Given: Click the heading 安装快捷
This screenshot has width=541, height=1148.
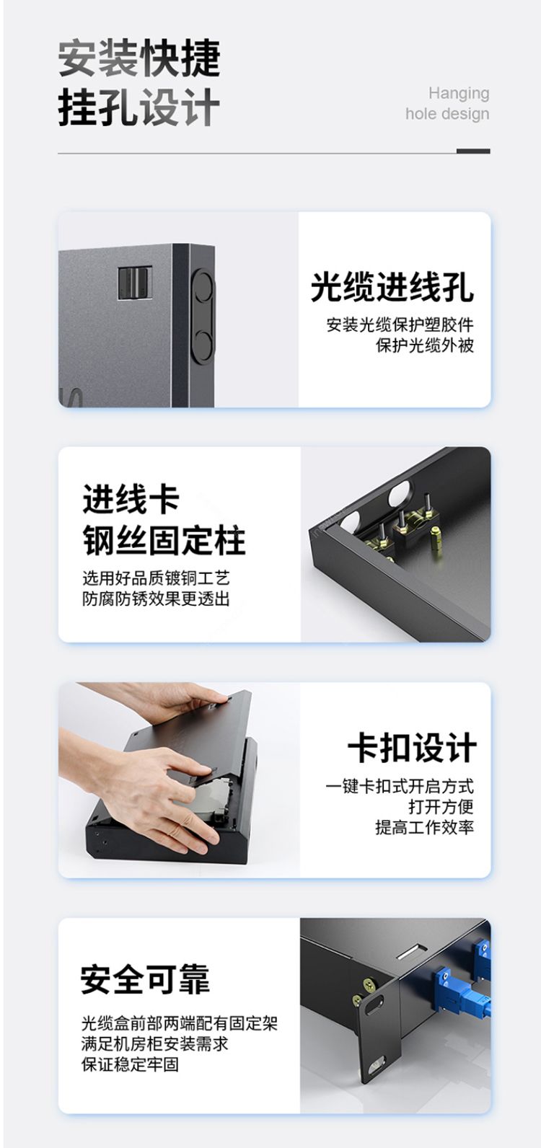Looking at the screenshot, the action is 139,58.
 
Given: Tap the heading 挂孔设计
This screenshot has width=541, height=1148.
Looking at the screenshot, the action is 139,107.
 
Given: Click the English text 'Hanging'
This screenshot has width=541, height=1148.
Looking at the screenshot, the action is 459,94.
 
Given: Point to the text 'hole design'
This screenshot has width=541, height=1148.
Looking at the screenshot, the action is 448,114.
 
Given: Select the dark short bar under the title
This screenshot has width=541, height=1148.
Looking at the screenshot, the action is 473,151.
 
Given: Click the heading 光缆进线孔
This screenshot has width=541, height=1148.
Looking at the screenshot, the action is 392,287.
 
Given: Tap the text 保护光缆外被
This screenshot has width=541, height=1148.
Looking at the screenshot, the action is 425,345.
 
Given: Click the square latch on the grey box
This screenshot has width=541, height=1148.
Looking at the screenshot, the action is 135,283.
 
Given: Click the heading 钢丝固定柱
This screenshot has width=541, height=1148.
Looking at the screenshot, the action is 164,540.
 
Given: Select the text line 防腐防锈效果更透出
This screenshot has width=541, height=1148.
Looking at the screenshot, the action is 156,599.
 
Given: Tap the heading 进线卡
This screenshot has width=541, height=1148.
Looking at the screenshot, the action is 131,499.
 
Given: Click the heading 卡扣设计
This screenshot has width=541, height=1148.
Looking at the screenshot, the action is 413,748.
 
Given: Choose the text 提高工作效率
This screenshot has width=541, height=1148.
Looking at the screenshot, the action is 425,827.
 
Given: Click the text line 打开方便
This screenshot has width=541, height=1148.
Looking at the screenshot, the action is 441,807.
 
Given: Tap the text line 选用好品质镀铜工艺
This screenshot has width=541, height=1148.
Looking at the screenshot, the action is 156,578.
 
